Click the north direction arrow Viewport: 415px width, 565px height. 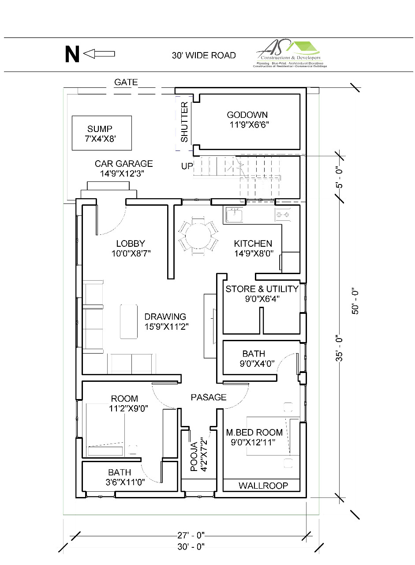pos(99,54)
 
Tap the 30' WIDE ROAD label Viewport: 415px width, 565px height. pos(204,55)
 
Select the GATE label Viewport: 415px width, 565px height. pos(126,82)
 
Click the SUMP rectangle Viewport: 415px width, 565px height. pos(102,133)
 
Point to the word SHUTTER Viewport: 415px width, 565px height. pos(184,122)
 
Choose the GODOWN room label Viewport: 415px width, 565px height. pos(247,120)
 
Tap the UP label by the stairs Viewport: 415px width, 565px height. pos(187,166)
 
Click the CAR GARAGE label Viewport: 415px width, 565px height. pos(123,168)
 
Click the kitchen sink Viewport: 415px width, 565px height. pos(234,215)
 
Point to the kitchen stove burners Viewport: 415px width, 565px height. pos(282,215)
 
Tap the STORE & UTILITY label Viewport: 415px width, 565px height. pos(262,294)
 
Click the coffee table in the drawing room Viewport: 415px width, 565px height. pos(129,321)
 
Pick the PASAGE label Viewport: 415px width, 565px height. pos(209,397)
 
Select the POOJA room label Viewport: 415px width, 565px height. pos(198,455)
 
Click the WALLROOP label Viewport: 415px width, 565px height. pos(263,486)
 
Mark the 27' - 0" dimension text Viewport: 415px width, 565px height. pos(191,535)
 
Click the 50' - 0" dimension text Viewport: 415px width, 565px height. pos(356,301)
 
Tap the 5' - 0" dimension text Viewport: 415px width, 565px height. pos(340,177)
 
